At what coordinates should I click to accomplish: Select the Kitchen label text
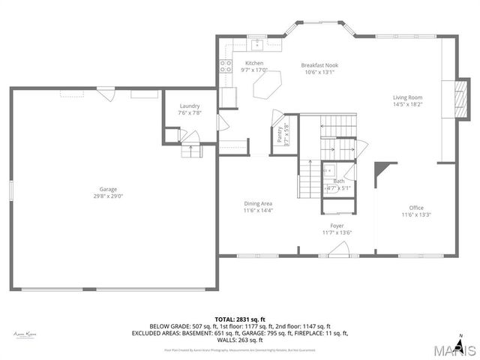click(254, 63)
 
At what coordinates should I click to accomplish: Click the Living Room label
click(408, 97)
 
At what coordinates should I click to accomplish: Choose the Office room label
click(416, 208)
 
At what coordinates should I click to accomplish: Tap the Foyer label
click(337, 226)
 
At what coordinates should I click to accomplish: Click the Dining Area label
click(257, 204)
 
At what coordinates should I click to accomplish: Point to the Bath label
click(339, 181)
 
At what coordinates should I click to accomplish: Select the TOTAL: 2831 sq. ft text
click(239, 319)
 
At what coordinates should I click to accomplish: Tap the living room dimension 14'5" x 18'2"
click(408, 104)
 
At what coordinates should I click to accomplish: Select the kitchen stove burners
click(224, 65)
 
